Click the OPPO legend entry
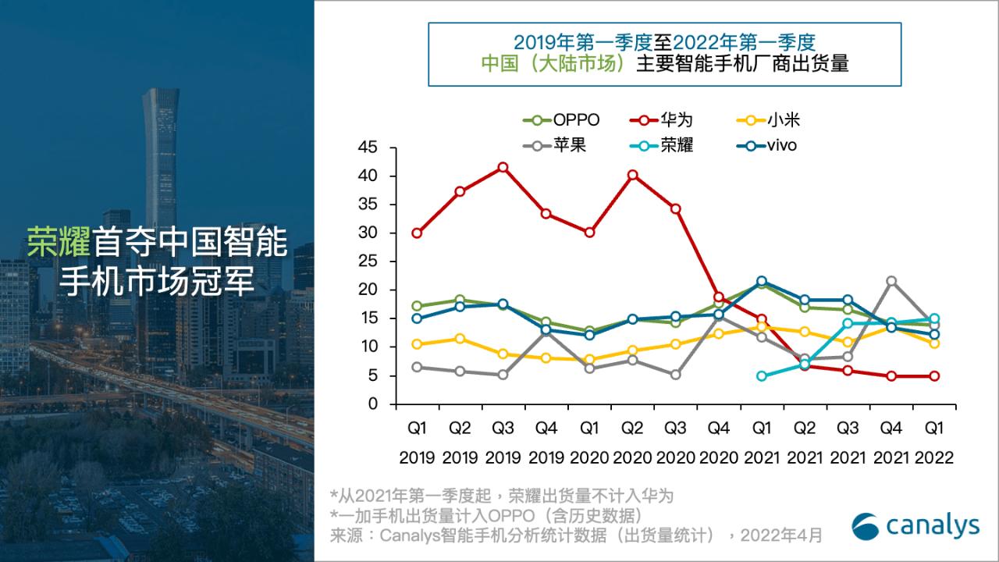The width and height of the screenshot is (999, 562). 562,120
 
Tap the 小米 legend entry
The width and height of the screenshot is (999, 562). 769,120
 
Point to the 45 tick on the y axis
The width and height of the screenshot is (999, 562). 368,148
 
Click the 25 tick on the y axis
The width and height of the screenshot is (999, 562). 368,261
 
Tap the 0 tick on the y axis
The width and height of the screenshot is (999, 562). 372,404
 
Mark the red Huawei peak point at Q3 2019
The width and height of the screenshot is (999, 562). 503,167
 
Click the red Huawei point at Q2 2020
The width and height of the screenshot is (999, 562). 633,175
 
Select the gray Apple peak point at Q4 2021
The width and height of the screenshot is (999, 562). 891,281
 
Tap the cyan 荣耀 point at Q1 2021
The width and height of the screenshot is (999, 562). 762,376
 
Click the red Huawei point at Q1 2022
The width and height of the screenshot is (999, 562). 934,376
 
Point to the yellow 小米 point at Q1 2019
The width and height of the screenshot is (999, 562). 417,344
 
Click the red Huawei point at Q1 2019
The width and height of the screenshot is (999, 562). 417,233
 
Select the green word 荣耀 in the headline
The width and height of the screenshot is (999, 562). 59,243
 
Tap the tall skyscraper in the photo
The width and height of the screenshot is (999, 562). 160,156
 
